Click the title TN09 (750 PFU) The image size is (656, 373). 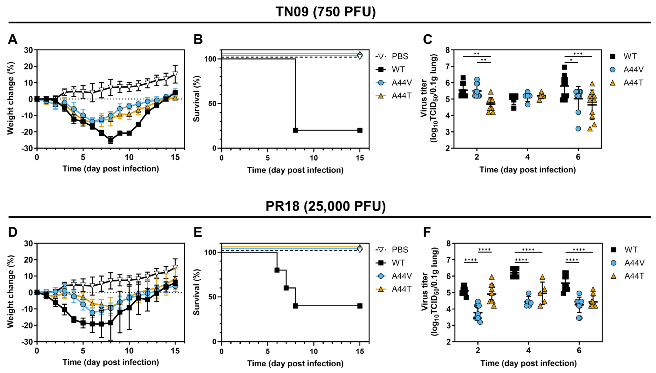(x=325, y=12)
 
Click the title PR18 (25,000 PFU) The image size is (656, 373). (x=325, y=206)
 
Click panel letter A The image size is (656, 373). (x=13, y=39)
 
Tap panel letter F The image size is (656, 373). (x=427, y=232)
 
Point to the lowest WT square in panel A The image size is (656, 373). (x=111, y=140)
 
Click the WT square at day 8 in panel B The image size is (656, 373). (x=295, y=130)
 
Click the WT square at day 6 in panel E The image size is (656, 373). (x=277, y=270)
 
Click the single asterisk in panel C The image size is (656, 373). (x=571, y=60)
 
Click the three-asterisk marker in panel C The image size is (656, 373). (x=578, y=54)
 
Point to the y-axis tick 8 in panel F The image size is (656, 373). (x=448, y=243)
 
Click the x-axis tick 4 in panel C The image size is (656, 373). (x=527, y=157)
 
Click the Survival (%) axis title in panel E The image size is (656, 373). (x=197, y=292)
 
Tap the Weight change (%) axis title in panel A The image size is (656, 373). (x=11, y=99)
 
